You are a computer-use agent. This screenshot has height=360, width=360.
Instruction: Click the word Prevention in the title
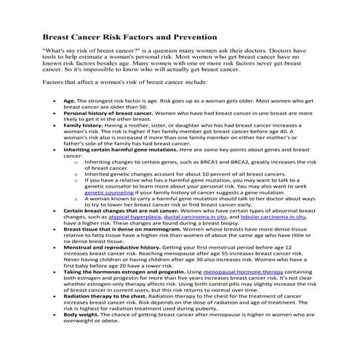(190, 36)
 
